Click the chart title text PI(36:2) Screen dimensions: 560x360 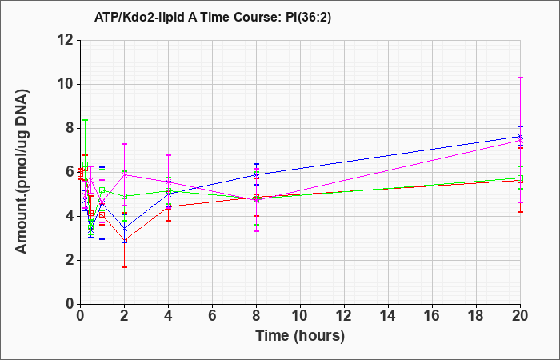tap(309, 17)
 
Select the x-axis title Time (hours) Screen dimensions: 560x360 tap(300, 336)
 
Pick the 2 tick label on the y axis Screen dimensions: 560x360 tap(70, 260)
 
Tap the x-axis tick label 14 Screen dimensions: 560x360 tap(388, 316)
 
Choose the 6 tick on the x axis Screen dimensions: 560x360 tap(212, 316)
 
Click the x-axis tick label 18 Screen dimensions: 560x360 tap(476, 316)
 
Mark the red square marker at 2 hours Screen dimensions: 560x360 tap(124, 240)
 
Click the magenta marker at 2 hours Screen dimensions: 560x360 tap(124, 174)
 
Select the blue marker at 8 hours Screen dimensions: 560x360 tap(256, 174)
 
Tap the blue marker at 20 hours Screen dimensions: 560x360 tap(520, 137)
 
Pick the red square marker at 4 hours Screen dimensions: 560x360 tap(168, 206)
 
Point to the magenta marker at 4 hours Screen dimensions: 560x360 tap(168, 182)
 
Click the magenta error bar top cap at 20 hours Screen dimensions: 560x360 tap(520, 78)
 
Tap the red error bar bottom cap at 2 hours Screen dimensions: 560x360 tap(124, 266)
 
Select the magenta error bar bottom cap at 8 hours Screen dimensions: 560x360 tap(256, 231)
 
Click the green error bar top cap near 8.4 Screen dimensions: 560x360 tap(85, 120)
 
